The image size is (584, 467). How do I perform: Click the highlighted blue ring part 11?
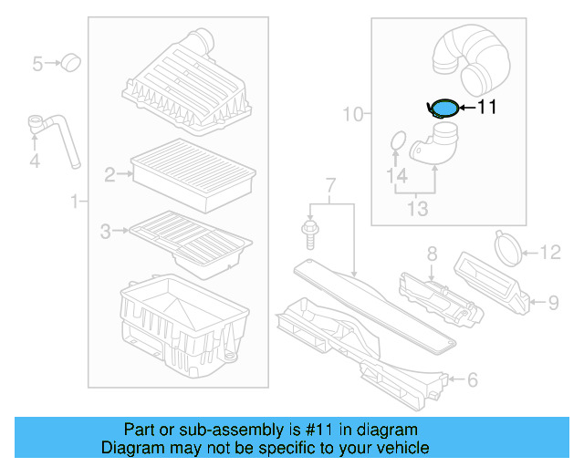[x=443, y=109]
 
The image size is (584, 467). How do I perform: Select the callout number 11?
[x=486, y=108]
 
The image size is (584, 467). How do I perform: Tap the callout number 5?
[x=38, y=64]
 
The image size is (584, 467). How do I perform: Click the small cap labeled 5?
[x=69, y=63]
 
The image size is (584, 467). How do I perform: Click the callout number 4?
[x=35, y=162]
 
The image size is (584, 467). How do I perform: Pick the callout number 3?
[x=106, y=232]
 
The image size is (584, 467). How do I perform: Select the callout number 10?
[x=352, y=114]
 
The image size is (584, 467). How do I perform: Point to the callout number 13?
[x=417, y=210]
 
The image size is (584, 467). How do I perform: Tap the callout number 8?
[x=433, y=253]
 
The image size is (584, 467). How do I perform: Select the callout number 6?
[x=472, y=379]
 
